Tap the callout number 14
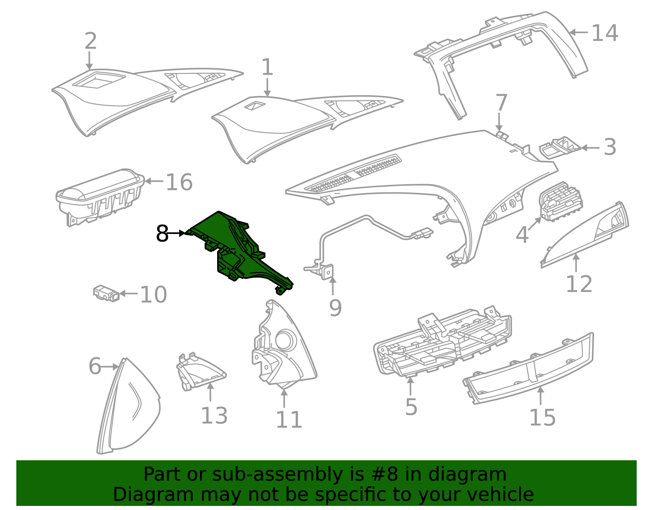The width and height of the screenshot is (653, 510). click(x=604, y=33)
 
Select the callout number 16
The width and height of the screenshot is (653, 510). click(x=179, y=182)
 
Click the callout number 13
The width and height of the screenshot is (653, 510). click(x=214, y=416)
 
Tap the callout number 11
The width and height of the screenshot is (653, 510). click(x=289, y=420)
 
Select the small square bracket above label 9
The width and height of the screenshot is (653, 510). click(x=328, y=272)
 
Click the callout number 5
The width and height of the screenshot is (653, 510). click(x=411, y=407)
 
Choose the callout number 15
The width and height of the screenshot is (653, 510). click(x=542, y=417)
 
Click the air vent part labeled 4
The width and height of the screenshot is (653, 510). click(x=559, y=202)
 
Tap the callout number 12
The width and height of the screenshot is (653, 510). click(x=578, y=284)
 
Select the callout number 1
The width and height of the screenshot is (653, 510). click(x=267, y=67)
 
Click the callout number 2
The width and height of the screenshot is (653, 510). click(x=91, y=41)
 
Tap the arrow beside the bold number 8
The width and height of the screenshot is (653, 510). click(x=177, y=233)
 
